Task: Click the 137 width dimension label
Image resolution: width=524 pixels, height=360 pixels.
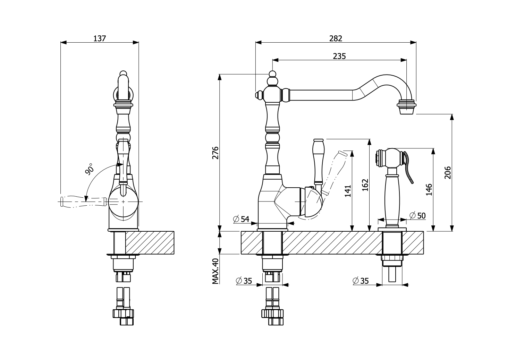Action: point(99,38)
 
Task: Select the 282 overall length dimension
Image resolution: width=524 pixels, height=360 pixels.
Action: point(336,38)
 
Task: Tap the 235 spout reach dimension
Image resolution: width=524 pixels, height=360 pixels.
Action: point(339,56)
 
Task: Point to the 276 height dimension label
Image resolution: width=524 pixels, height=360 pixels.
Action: point(215,153)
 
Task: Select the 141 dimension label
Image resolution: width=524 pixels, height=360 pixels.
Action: point(348,191)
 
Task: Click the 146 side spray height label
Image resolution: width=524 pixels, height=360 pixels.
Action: point(429,190)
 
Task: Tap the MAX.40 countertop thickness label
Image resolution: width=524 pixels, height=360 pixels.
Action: point(215,271)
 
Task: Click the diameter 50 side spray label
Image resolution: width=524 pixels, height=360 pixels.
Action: point(417,215)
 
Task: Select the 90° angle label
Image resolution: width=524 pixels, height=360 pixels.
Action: point(90,169)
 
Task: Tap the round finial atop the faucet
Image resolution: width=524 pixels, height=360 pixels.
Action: point(273,74)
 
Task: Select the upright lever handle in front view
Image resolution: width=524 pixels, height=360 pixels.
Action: point(318,160)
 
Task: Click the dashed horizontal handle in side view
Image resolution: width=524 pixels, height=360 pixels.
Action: point(83,202)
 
